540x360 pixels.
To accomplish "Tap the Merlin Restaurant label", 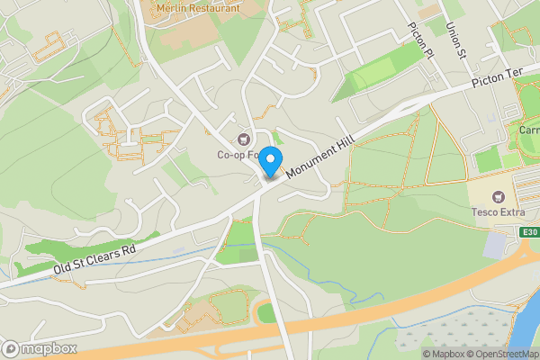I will tap(198, 7).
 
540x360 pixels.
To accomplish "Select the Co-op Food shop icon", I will tap(243, 138).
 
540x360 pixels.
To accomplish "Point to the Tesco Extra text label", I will tap(498, 212).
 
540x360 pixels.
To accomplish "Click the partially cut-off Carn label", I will tap(528, 130).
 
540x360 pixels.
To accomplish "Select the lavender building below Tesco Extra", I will tap(496, 244).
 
